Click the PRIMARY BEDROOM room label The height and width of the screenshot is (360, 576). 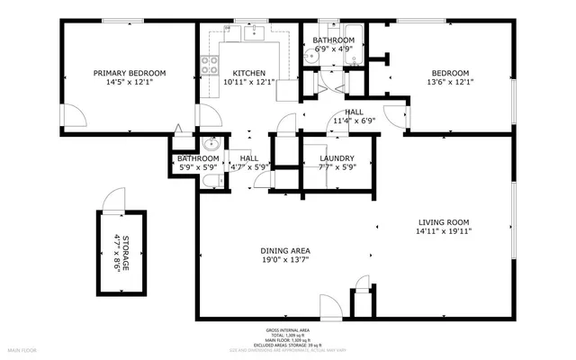(x=130, y=73)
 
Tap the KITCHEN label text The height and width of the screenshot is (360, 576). (x=248, y=73)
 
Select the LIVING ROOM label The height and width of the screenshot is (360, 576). (x=444, y=221)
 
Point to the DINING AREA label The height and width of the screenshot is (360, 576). (x=285, y=250)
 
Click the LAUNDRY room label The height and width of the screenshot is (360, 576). (x=337, y=158)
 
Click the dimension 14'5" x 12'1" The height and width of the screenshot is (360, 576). (x=130, y=82)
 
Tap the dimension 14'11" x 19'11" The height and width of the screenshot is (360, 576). (x=444, y=230)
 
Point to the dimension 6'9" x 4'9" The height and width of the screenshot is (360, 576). (x=334, y=49)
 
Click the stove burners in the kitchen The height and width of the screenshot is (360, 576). (x=210, y=65)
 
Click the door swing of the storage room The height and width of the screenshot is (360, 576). (x=114, y=199)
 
